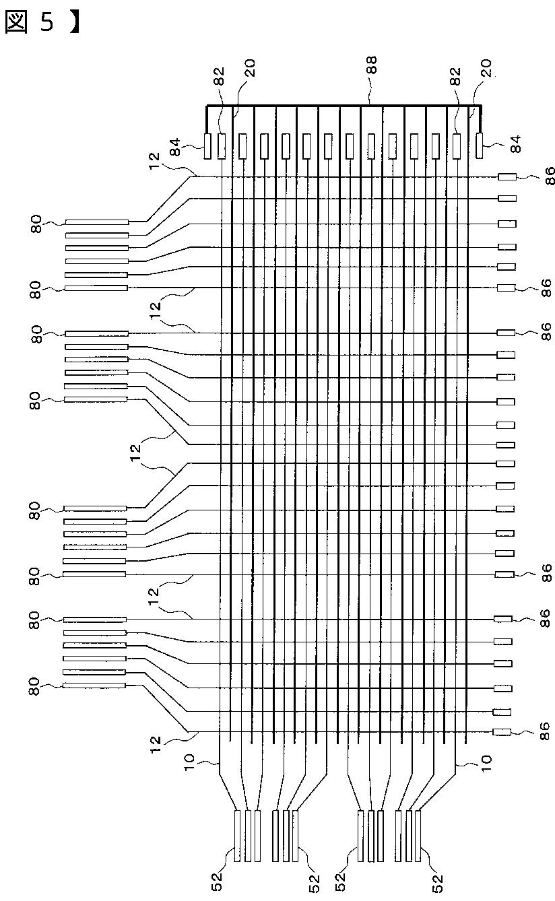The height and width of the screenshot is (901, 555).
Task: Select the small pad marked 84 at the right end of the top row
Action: click(480, 146)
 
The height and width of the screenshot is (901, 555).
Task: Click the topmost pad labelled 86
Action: click(507, 177)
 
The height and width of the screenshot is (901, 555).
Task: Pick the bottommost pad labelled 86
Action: click(502, 733)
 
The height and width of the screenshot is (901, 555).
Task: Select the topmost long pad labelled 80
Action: click(96, 222)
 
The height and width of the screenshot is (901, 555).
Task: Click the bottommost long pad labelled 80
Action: click(94, 686)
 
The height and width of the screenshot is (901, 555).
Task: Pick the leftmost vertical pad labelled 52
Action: click(237, 836)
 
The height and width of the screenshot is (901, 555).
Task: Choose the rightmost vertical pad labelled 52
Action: click(418, 836)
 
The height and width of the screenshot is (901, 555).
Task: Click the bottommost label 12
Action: click(156, 743)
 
